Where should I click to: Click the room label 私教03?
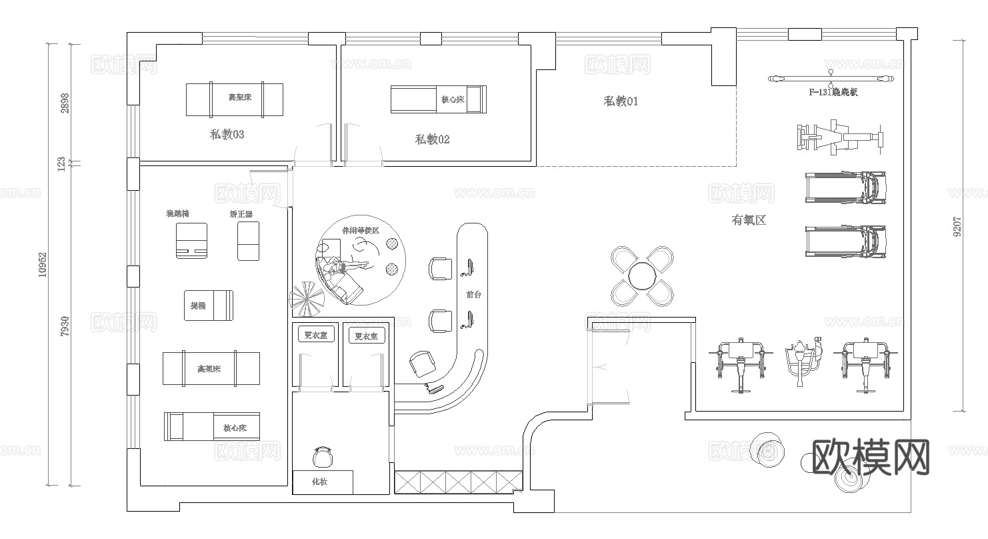point(227,135)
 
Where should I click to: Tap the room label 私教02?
point(432,139)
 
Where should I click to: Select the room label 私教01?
point(621,101)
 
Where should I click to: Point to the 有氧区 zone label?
point(749,219)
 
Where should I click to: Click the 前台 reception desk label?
point(473,294)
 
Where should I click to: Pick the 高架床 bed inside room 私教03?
point(234,99)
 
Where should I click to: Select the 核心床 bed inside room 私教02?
point(438,99)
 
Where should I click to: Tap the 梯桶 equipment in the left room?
point(209,306)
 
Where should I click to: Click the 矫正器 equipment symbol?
point(248,241)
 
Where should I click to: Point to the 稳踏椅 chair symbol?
point(191,240)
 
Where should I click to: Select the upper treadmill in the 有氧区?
point(845,187)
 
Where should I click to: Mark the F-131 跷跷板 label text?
point(833,92)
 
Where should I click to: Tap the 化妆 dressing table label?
point(320,482)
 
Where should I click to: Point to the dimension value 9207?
point(958,226)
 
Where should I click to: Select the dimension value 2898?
point(65,103)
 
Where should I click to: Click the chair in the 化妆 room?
point(323,458)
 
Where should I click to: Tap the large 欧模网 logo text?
point(872,457)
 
